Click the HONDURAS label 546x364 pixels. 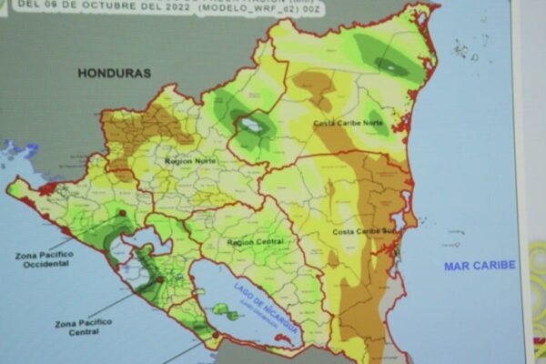(x=115, y=72)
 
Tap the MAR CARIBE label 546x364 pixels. (x=479, y=266)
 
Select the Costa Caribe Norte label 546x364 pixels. (x=348, y=123)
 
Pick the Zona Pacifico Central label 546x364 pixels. (x=83, y=328)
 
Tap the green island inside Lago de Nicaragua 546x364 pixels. (x=224, y=312)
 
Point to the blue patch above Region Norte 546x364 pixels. (x=251, y=126)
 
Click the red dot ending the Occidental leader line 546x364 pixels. (x=122, y=213)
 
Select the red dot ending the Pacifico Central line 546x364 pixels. (x=160, y=280)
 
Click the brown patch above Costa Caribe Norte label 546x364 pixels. (x=315, y=86)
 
